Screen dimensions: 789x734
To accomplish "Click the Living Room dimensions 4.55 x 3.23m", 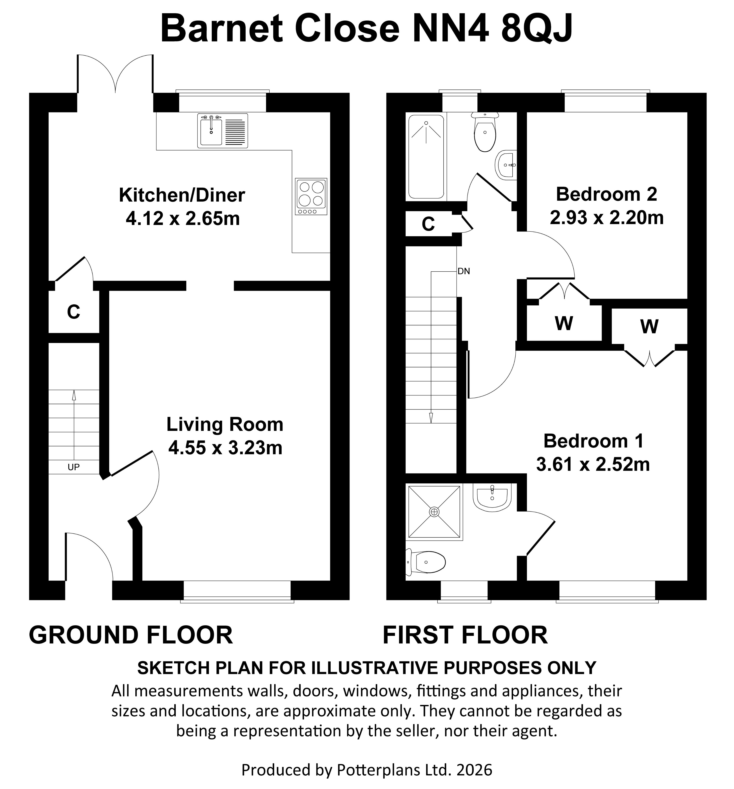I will pyautogui.click(x=225, y=448).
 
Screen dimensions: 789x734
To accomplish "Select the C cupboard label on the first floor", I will pyautogui.click(x=428, y=224).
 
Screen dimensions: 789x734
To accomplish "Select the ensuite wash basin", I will pyautogui.click(x=492, y=497).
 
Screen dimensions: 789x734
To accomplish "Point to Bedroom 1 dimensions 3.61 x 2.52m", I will pyautogui.click(x=593, y=464).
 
